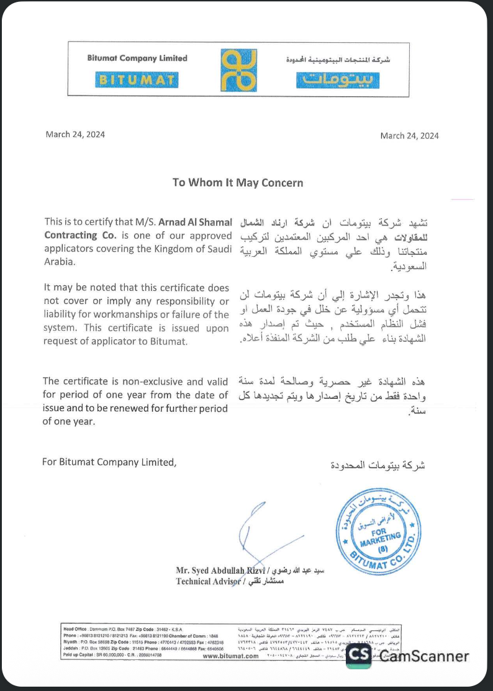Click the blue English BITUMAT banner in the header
point(137,80)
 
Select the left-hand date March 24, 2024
point(75,135)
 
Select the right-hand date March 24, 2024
point(409,136)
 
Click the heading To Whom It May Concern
point(238,182)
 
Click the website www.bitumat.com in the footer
point(230,656)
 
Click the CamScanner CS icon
point(358,656)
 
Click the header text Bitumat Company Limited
point(137,58)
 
